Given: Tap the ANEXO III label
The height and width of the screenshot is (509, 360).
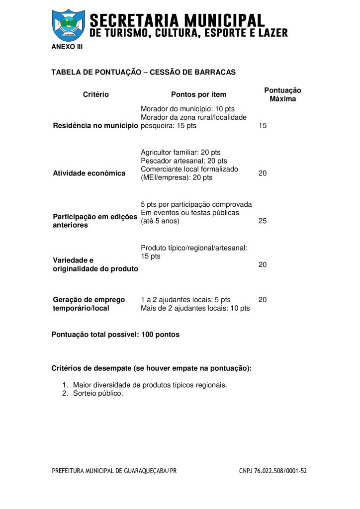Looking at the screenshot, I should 67,47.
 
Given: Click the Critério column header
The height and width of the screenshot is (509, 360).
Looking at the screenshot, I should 95,94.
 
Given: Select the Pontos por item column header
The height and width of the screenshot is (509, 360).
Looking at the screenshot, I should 198,94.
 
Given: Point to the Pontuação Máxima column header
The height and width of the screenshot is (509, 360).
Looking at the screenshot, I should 282,94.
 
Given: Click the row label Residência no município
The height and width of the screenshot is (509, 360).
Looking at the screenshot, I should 95,126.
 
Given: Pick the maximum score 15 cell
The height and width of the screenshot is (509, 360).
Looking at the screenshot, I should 263,126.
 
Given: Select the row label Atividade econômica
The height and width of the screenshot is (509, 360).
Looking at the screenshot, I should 89,173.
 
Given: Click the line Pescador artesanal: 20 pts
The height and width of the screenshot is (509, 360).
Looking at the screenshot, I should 183,161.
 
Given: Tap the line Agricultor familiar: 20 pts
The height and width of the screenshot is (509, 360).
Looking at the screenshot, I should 180,153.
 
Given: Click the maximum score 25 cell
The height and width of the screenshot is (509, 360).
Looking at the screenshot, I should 263,221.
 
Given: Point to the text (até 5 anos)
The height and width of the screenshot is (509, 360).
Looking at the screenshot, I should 160,221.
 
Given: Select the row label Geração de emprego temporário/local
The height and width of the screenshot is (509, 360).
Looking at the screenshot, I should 89,304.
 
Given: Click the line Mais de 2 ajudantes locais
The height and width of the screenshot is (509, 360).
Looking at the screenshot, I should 195,309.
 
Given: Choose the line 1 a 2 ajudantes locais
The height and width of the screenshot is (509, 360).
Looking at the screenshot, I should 185,300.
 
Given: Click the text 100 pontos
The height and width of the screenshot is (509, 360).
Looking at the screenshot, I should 160,335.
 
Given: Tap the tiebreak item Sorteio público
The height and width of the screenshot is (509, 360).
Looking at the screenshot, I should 97,393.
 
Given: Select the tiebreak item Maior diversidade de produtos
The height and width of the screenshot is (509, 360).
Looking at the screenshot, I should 150,385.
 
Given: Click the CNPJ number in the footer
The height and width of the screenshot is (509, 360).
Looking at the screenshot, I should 273,471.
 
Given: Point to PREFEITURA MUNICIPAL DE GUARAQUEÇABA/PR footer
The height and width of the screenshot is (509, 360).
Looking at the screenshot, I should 114,471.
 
